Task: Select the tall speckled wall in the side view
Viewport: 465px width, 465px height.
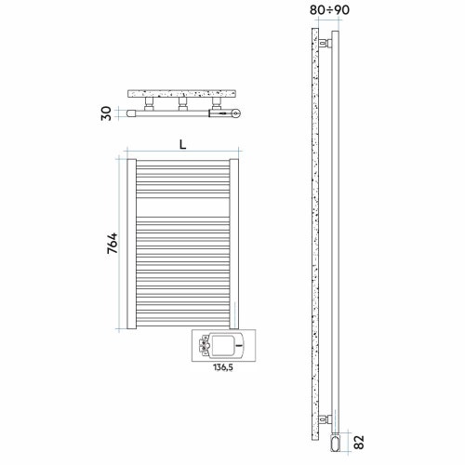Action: coord(315,232)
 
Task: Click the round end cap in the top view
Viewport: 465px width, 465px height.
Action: coord(239,113)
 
